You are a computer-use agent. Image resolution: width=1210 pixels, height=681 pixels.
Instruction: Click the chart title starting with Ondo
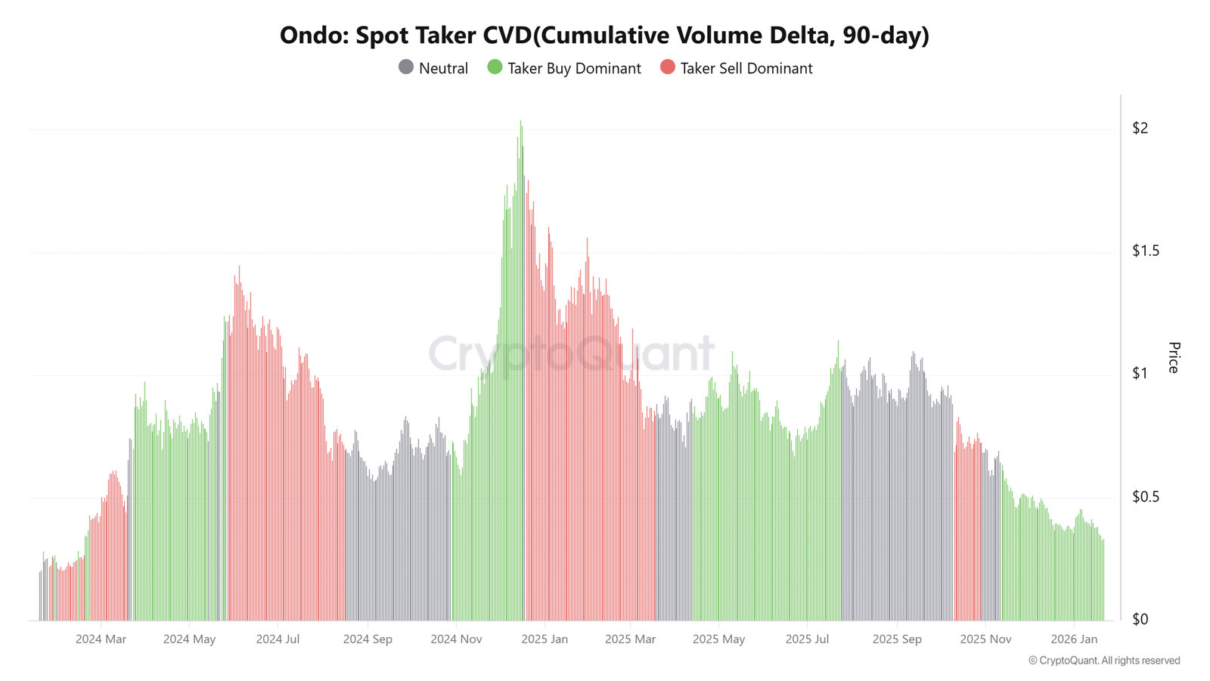604,36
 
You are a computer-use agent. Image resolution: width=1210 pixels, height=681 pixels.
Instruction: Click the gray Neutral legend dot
406,67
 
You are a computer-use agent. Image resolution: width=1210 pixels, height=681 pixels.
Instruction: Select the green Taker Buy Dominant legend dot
495,67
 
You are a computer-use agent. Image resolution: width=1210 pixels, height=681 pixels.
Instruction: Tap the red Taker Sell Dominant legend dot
667,67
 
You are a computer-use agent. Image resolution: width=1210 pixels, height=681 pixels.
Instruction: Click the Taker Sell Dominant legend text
746,68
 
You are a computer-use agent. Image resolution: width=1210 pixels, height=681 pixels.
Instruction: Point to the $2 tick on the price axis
1140,128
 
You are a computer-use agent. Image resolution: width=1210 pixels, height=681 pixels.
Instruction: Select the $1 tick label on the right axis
1140,373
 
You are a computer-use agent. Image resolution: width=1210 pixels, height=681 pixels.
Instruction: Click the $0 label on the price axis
1140,619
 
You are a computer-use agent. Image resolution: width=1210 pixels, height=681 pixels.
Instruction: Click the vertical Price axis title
1174,357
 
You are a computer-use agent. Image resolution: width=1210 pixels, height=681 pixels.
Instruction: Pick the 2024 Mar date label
101,639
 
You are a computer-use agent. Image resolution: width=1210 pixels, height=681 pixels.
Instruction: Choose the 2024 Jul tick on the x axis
278,639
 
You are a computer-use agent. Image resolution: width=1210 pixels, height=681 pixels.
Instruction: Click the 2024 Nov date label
456,639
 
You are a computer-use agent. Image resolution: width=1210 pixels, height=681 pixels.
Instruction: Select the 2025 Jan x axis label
544,639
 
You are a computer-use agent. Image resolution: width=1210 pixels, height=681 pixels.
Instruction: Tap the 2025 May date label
718,639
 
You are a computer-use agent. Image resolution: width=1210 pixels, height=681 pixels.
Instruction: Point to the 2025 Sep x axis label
897,639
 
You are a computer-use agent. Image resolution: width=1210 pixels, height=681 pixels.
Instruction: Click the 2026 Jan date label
1074,639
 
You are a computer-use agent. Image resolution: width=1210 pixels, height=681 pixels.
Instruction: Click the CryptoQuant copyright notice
1103,661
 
